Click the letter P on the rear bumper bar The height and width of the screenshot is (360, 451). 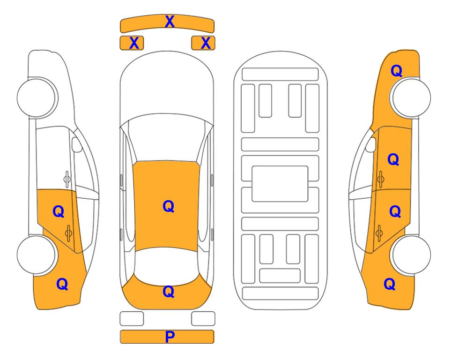(x=170, y=337)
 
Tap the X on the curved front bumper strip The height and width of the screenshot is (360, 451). (x=170, y=22)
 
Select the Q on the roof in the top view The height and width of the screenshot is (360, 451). (x=168, y=206)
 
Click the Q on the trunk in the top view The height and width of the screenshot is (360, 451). (x=168, y=292)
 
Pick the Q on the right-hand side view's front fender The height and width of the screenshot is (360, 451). (x=396, y=71)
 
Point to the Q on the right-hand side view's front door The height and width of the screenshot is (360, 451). (x=393, y=159)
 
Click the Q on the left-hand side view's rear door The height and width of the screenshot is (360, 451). (x=59, y=212)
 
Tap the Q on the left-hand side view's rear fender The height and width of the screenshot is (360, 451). (x=62, y=284)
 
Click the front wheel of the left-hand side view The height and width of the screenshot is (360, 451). (x=37, y=97)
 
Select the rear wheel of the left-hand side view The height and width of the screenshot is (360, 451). (x=37, y=255)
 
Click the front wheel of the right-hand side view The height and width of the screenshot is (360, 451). (x=411, y=97)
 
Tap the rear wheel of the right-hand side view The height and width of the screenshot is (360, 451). (x=411, y=255)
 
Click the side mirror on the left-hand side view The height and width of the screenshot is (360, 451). (x=77, y=144)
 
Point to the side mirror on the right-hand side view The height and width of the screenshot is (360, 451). (x=371, y=144)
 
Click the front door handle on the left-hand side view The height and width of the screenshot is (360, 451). (x=67, y=179)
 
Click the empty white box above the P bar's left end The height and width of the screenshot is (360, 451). (x=132, y=319)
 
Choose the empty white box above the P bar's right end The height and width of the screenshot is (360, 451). (x=203, y=319)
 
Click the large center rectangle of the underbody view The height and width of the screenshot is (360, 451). (x=280, y=184)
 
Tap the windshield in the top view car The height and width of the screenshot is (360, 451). (x=167, y=138)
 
